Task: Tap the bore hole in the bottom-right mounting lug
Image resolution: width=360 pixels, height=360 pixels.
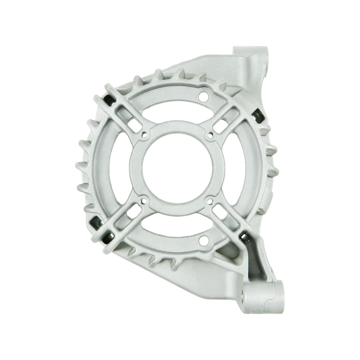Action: point(247,299)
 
